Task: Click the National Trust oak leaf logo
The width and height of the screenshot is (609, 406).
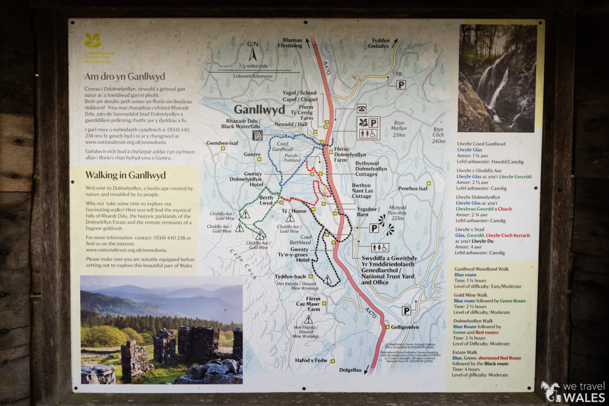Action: pyautogui.click(x=92, y=42)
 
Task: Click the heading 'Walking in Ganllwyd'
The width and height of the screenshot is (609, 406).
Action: pyautogui.click(x=125, y=175)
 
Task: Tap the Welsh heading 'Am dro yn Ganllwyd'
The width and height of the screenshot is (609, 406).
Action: pyautogui.click(x=125, y=77)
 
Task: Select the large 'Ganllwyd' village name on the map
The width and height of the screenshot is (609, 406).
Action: pyautogui.click(x=259, y=110)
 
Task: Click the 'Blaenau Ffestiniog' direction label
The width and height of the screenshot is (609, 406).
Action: pyautogui.click(x=290, y=43)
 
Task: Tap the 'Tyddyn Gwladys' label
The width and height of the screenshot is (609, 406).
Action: pyautogui.click(x=378, y=43)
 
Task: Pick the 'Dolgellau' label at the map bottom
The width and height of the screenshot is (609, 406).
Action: pyautogui.click(x=351, y=370)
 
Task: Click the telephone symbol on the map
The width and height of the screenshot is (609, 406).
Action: pyautogui.click(x=361, y=108)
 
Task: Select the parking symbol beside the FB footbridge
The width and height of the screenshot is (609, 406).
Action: pyautogui.click(x=401, y=85)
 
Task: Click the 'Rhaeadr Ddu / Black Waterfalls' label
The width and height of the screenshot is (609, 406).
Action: pyautogui.click(x=243, y=124)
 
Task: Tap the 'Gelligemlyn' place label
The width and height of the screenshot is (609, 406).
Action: pyautogui.click(x=405, y=327)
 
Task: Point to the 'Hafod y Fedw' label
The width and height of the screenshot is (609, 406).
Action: pyautogui.click(x=311, y=360)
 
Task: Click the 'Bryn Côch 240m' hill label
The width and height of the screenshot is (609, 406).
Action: pyautogui.click(x=438, y=135)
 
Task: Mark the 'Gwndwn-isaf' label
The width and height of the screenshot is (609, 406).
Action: pyautogui.click(x=222, y=143)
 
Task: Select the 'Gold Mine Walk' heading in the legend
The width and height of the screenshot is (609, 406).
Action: pyautogui.click(x=471, y=295)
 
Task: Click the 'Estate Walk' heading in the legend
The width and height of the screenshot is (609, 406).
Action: pyautogui.click(x=465, y=352)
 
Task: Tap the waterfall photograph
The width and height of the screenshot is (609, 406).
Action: pyautogui.click(x=498, y=78)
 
